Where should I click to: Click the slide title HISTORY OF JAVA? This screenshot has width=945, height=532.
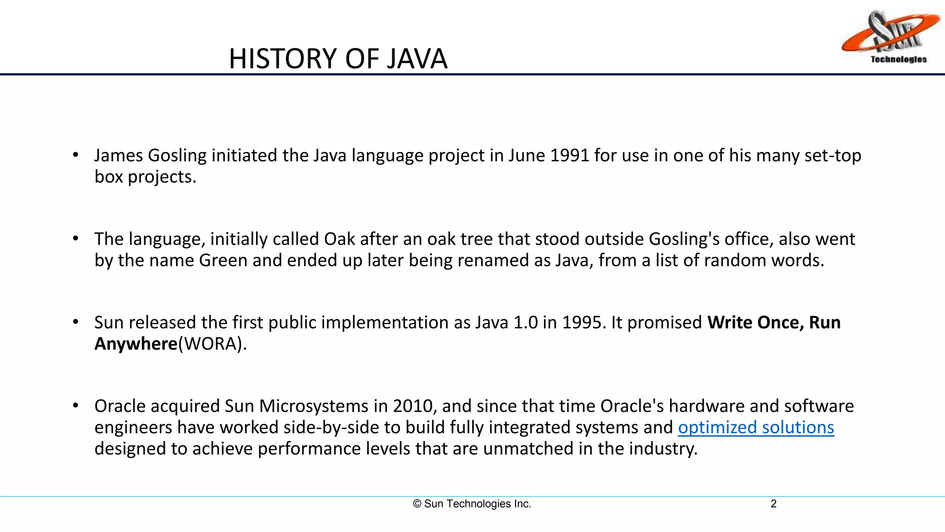pos(338,59)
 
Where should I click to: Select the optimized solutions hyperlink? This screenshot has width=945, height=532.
pos(756,428)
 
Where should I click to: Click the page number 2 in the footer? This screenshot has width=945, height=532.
pos(773,504)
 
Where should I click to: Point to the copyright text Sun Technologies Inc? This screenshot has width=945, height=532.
pos(472,504)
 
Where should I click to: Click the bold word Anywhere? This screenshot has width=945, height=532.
pos(136,344)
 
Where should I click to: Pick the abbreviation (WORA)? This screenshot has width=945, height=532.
pos(212,344)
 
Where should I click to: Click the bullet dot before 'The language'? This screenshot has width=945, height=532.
pos(76,238)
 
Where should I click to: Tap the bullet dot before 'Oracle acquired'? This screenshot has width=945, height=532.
pos(76,405)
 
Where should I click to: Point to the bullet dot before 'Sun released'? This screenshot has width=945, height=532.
pos(76,322)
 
